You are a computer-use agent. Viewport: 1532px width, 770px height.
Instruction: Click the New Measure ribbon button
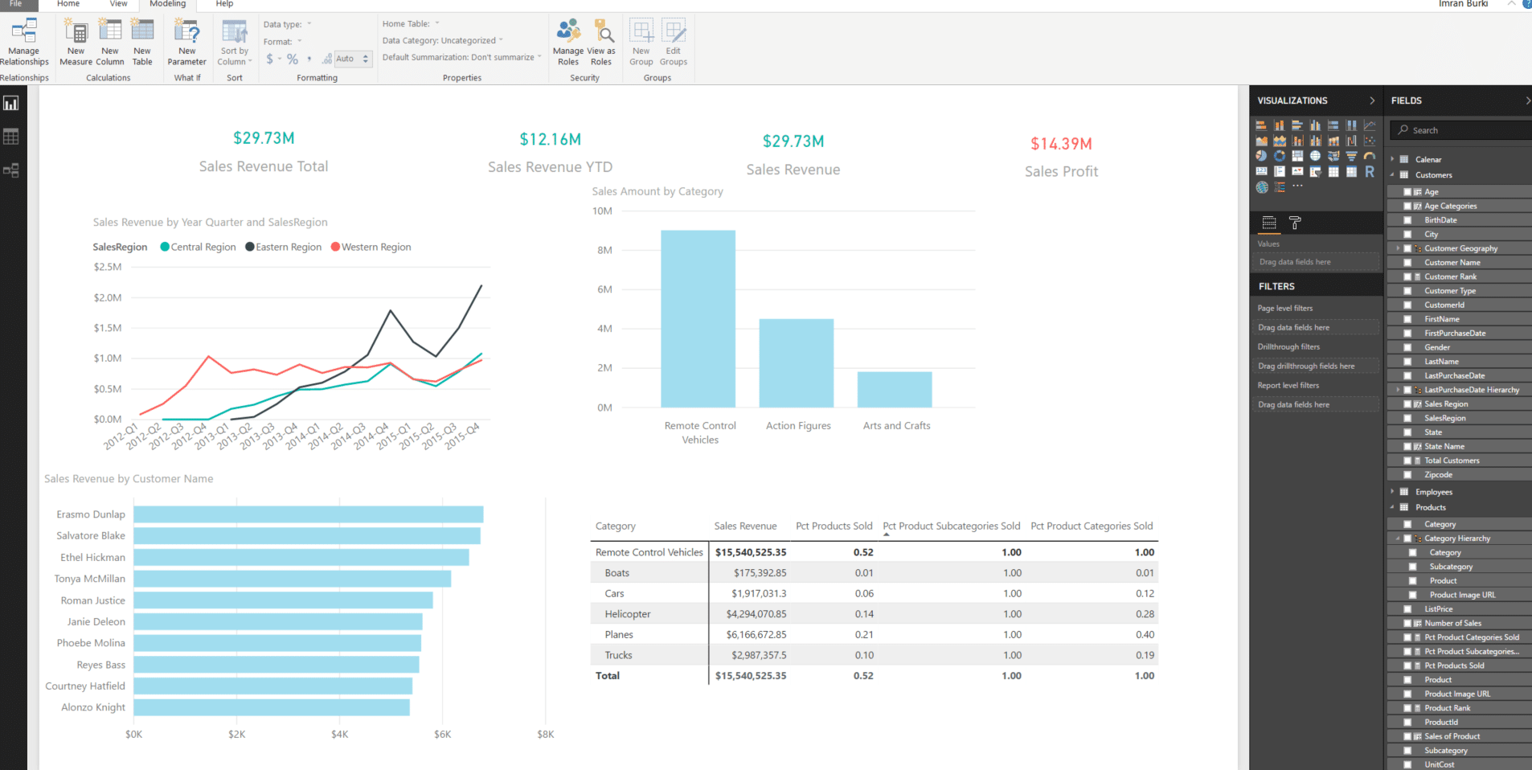click(x=76, y=42)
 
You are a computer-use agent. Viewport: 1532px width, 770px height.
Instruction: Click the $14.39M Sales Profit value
click(x=1061, y=144)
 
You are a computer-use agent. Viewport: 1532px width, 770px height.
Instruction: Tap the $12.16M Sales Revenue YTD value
click(x=550, y=140)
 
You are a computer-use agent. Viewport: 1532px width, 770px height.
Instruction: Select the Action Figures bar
click(x=796, y=363)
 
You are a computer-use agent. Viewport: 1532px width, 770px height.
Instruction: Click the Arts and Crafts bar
click(x=894, y=390)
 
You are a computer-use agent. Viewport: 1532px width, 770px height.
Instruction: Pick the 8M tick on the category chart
click(x=604, y=250)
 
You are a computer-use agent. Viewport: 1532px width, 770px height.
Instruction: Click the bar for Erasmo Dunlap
click(x=308, y=514)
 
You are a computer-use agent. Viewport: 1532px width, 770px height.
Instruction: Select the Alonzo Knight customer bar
click(x=271, y=707)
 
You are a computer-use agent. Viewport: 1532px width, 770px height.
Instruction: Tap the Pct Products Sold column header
click(x=834, y=526)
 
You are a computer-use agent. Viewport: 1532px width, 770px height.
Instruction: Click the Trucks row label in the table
click(x=618, y=655)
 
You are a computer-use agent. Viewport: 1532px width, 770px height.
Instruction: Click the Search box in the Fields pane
click(x=1463, y=130)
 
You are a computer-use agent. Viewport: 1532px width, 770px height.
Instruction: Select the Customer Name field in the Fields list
click(x=1452, y=263)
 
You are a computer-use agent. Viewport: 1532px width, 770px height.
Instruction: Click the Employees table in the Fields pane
click(x=1433, y=492)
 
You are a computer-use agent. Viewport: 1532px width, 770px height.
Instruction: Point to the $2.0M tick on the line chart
click(x=108, y=297)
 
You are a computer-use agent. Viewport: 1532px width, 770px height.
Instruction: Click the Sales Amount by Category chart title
click(x=657, y=191)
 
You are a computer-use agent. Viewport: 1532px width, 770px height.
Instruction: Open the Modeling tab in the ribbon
click(x=167, y=4)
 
